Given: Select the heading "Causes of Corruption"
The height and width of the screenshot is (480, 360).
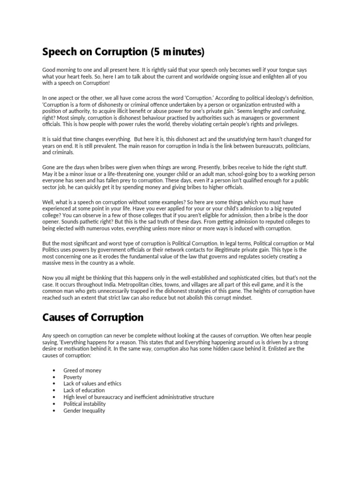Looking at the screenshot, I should (x=93, y=317).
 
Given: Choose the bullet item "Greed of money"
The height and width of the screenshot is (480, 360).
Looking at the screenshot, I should (x=82, y=370).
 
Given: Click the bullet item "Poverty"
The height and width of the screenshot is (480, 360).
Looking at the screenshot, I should (x=73, y=377).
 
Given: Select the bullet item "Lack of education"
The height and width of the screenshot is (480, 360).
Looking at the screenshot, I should (x=84, y=390).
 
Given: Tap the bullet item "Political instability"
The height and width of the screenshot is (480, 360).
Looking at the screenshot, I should (x=85, y=404).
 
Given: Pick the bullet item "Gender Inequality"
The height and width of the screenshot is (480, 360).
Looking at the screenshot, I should (x=84, y=410).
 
